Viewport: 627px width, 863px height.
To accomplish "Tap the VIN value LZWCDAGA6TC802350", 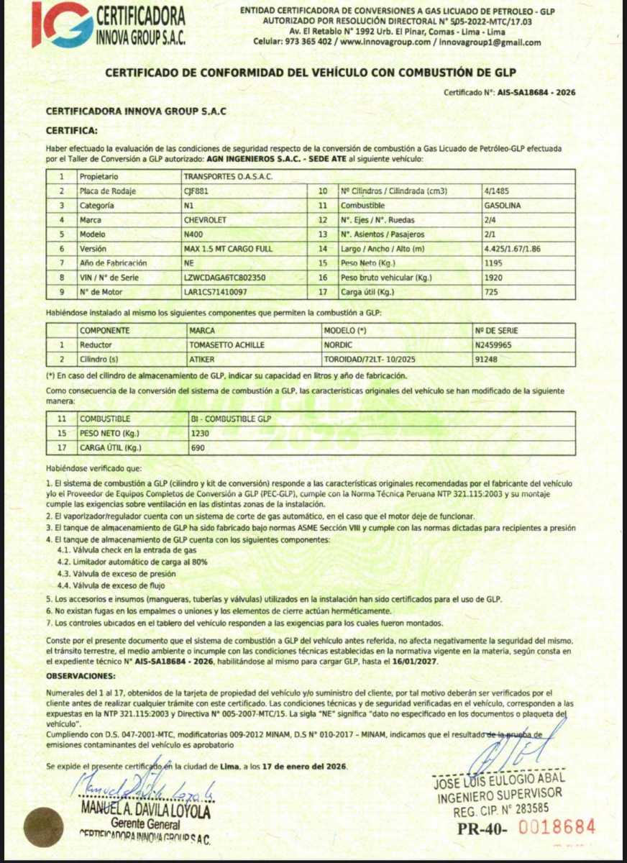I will (225, 277).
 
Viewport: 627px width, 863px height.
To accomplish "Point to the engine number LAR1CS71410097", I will (216, 292).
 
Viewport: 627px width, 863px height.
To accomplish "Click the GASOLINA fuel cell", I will (503, 205).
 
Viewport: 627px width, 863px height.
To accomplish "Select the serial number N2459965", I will (494, 344).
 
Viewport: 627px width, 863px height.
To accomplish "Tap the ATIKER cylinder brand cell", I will (201, 358).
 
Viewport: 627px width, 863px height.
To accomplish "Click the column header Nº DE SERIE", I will (495, 330).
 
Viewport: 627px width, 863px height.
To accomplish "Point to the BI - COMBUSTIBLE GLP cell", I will (226, 419).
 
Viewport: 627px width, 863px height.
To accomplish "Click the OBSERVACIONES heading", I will (81, 676).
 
